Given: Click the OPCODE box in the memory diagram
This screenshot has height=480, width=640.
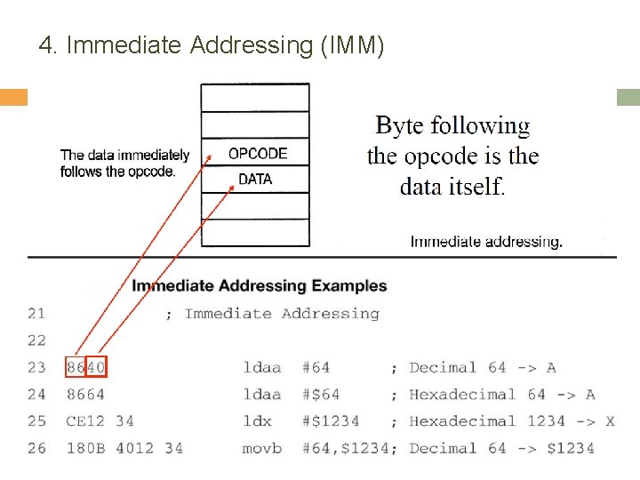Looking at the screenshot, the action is click(x=256, y=153).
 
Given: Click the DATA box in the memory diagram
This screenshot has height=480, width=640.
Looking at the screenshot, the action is click(x=256, y=180).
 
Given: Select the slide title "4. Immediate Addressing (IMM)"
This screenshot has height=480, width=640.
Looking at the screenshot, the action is click(x=212, y=45).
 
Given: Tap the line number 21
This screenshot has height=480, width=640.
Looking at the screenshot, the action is click(x=36, y=314).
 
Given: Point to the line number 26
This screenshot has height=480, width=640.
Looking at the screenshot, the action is click(x=36, y=448).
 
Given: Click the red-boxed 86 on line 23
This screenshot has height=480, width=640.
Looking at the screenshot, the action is click(x=76, y=367).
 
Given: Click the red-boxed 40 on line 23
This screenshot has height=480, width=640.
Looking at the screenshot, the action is click(x=96, y=367).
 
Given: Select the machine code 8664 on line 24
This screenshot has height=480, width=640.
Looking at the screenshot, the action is click(x=85, y=395).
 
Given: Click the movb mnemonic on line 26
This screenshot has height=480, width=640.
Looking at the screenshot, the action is click(x=262, y=448).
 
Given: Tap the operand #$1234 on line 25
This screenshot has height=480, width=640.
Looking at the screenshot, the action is click(x=331, y=421).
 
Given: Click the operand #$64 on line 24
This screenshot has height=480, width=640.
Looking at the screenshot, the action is click(x=321, y=395).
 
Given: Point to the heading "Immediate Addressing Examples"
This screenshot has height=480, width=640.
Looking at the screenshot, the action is click(x=260, y=286).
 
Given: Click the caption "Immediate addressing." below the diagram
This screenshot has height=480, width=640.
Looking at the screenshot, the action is click(x=486, y=241).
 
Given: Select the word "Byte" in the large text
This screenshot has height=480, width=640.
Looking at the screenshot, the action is click(x=399, y=125).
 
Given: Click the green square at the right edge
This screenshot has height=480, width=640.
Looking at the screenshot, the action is click(x=628, y=97).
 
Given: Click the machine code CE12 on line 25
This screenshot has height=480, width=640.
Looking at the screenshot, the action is click(x=85, y=421).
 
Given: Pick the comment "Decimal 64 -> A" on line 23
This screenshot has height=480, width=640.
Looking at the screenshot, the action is click(x=483, y=367).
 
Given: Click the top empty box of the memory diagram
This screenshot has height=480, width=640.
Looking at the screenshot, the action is click(x=255, y=98).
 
